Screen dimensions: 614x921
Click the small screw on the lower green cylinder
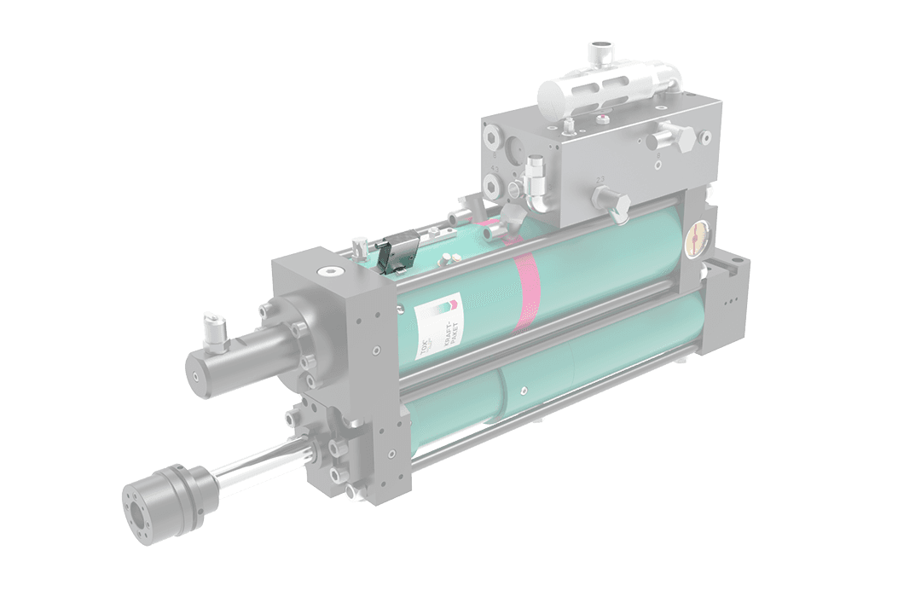click(524, 391)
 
